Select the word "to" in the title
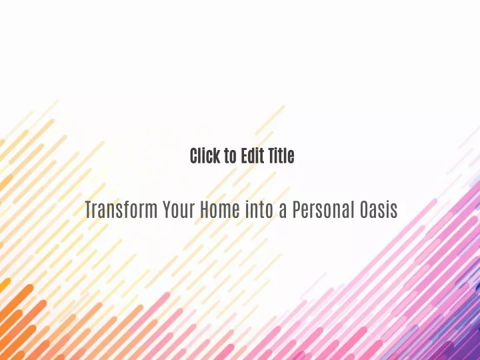pos(230,156)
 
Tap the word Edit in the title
pos(252,155)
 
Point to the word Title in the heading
pos(281,155)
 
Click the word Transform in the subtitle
pos(121,210)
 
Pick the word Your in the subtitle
pos(179,210)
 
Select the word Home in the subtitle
pos(220,210)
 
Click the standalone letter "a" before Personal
pos(283,212)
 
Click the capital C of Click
pos(195,156)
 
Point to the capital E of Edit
pos(244,156)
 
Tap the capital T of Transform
pos(89,210)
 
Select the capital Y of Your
pos(167,210)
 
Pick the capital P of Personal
pos(296,210)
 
